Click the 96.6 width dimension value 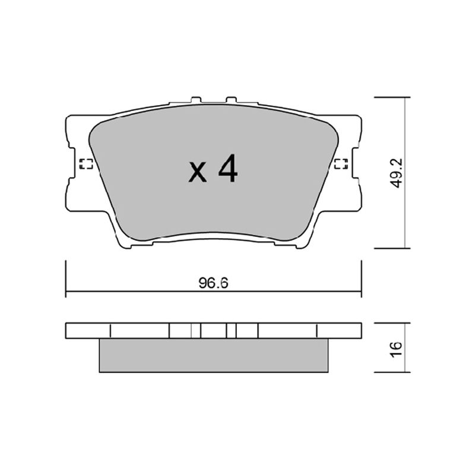click(x=213, y=283)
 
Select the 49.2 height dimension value click(x=397, y=173)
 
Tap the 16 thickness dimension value click(x=396, y=350)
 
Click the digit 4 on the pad click(x=228, y=169)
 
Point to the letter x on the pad click(x=198, y=172)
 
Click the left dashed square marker click(x=85, y=164)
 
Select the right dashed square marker click(x=341, y=164)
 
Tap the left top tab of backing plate click(x=196, y=100)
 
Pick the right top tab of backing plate click(x=231, y=100)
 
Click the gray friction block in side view click(x=214, y=355)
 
